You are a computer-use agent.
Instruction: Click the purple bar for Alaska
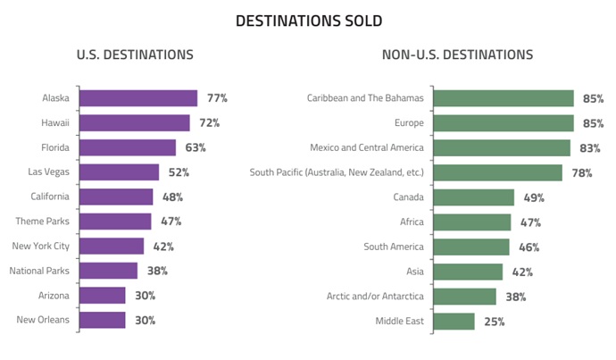[x=138, y=98]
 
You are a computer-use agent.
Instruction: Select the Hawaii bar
[x=135, y=122]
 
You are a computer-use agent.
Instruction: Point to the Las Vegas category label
[x=50, y=172]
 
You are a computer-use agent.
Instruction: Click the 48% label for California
[x=172, y=197]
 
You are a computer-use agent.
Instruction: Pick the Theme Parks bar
[x=116, y=221]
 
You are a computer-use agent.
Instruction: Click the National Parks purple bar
[x=109, y=270]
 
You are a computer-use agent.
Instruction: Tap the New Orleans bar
[x=103, y=320]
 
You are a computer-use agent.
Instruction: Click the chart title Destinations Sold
[x=309, y=21]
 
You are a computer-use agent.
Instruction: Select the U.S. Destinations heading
[x=135, y=55]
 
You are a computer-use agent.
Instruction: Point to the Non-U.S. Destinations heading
[x=457, y=55]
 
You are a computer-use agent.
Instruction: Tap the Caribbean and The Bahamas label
[x=364, y=98]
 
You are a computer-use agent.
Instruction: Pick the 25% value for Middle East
[x=495, y=322]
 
